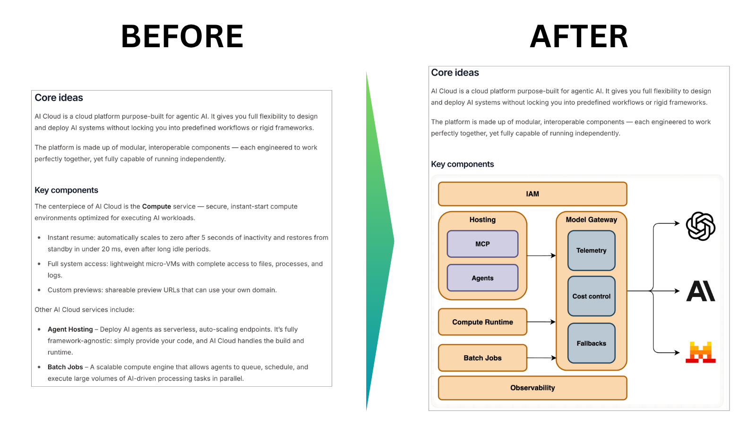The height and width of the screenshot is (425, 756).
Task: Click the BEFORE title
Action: coord(182,36)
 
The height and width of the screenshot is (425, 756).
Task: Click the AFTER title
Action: coord(579,36)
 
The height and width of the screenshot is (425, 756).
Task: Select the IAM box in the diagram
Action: coord(533,194)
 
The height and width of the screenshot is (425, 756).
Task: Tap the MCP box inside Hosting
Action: coord(482,244)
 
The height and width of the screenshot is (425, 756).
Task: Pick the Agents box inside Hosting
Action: coord(482,278)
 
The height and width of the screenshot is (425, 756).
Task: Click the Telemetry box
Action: coord(591,250)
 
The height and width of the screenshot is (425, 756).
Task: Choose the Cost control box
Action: coord(591,296)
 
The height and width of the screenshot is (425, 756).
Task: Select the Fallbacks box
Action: coord(591,343)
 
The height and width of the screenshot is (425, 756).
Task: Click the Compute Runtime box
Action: coord(482,322)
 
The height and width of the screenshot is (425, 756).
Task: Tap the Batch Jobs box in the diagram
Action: coord(482,358)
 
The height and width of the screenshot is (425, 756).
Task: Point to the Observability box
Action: coord(533,388)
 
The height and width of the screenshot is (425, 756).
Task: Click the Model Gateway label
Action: coord(591,220)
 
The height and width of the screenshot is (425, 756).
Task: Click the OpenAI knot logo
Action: coord(700,226)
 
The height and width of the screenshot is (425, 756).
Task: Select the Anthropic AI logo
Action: coord(700,291)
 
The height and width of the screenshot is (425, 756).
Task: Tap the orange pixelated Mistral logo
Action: coord(700,352)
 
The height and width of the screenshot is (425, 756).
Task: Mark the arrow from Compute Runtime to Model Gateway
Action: coord(541,322)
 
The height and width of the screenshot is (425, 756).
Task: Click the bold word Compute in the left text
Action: coord(156,206)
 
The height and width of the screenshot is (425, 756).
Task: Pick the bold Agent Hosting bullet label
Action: coord(70,329)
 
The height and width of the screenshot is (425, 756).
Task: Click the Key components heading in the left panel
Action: coord(66,190)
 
